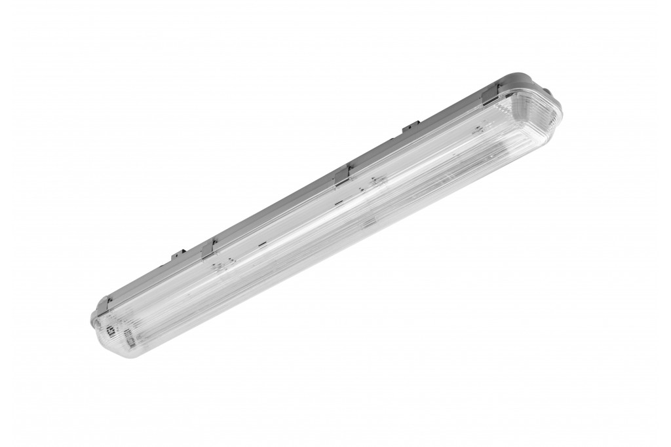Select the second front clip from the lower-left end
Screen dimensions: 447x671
coord(209,248)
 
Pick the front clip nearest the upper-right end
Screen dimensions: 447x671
coord(490,94)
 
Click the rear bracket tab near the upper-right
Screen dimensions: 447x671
coord(410,126)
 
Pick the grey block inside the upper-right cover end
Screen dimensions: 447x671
coord(478,132)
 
